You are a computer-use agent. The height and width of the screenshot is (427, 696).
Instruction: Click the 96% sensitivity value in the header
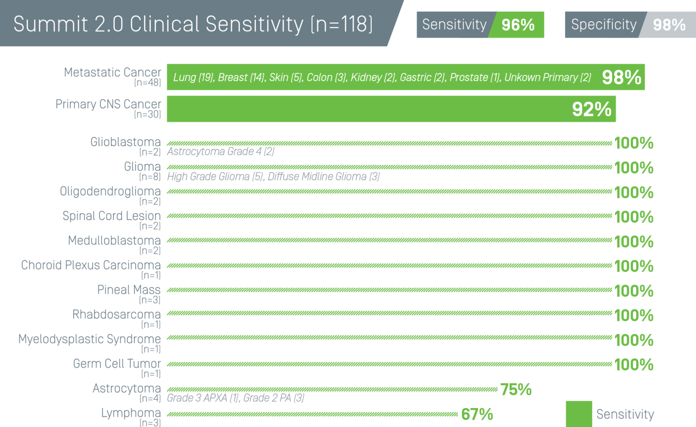click(518, 25)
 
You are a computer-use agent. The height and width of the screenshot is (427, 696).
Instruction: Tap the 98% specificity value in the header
click(669, 25)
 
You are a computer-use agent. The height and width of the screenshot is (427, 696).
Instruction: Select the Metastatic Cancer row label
click(112, 73)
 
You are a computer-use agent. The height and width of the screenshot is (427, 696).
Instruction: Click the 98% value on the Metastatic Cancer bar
click(621, 78)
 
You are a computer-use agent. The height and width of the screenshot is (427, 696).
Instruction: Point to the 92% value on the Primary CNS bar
click(591, 109)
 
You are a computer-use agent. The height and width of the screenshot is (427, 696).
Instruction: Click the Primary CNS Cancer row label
click(108, 104)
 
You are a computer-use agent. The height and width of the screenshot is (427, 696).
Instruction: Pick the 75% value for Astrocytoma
click(515, 389)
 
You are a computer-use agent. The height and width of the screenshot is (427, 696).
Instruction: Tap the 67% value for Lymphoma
click(476, 414)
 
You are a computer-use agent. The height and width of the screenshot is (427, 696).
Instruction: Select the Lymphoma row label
click(131, 413)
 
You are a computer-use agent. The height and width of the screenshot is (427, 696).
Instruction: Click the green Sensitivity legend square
click(579, 414)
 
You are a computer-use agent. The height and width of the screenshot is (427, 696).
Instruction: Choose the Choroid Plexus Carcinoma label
click(91, 265)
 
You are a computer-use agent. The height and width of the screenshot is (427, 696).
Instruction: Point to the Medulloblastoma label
click(114, 240)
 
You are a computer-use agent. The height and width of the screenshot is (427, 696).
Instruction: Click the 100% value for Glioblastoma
click(633, 143)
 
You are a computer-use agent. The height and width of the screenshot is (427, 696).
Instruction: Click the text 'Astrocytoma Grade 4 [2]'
click(221, 152)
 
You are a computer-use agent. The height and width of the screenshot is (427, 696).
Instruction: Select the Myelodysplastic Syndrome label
click(89, 339)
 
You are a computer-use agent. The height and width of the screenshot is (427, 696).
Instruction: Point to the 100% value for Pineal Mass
click(633, 290)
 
